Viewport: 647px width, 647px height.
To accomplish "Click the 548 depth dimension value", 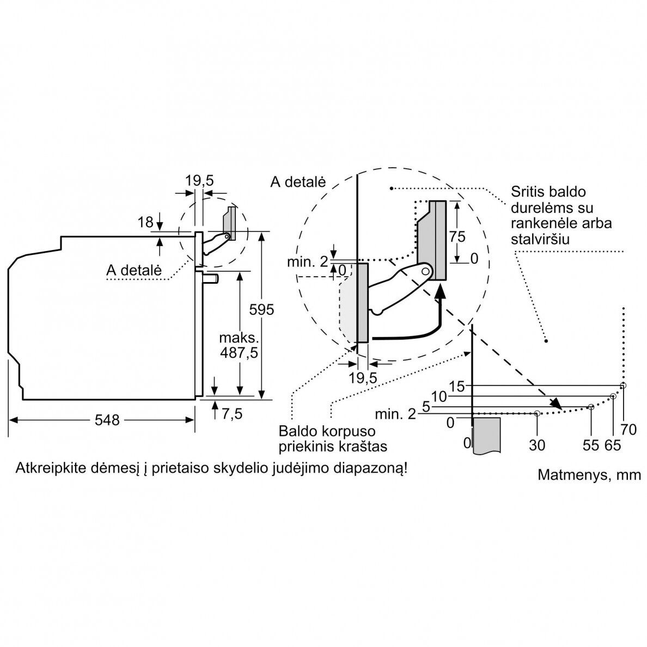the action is [107, 420].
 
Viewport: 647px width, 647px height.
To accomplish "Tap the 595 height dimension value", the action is [261, 309].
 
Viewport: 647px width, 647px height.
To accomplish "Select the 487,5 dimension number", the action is [239, 353].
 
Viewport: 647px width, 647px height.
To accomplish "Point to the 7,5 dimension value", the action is [232, 413].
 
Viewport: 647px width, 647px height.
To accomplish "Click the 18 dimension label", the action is [145, 222].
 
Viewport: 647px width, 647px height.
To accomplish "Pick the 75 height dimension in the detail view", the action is [457, 236].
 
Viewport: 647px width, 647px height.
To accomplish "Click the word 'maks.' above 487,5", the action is [239, 338].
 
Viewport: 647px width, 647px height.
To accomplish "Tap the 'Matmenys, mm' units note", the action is [589, 474].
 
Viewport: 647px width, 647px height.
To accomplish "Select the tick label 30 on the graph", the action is [537, 445].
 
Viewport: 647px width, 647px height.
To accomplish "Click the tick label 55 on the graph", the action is [591, 445].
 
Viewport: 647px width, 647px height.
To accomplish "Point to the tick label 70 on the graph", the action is [628, 430].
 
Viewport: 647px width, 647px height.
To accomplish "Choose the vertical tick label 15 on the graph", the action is [456, 387].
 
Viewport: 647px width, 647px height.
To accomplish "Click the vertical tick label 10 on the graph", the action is [439, 396].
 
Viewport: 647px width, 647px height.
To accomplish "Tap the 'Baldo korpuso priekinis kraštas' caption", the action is [333, 438].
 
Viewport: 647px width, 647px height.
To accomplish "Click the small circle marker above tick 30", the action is [537, 413].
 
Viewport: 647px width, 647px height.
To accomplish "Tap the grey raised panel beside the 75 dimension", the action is [432, 240].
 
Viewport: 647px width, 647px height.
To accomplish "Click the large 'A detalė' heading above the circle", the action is [298, 182].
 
